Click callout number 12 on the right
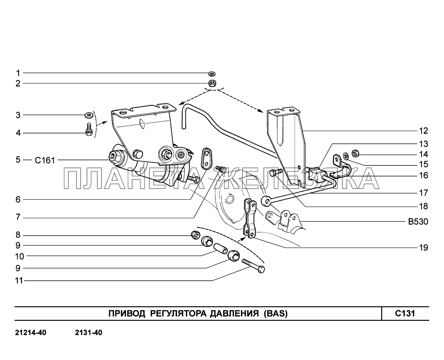click(x=423, y=131)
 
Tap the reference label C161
click(x=45, y=160)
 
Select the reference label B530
click(x=418, y=222)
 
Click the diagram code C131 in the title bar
click(x=405, y=313)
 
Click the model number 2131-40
click(x=88, y=332)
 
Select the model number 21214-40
click(x=31, y=332)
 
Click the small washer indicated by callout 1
click(x=212, y=74)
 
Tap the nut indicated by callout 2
click(x=212, y=83)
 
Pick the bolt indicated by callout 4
click(x=89, y=130)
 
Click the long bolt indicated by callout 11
click(x=253, y=266)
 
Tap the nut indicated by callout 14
click(x=355, y=153)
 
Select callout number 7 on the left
click(x=18, y=217)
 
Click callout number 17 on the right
click(x=424, y=193)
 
